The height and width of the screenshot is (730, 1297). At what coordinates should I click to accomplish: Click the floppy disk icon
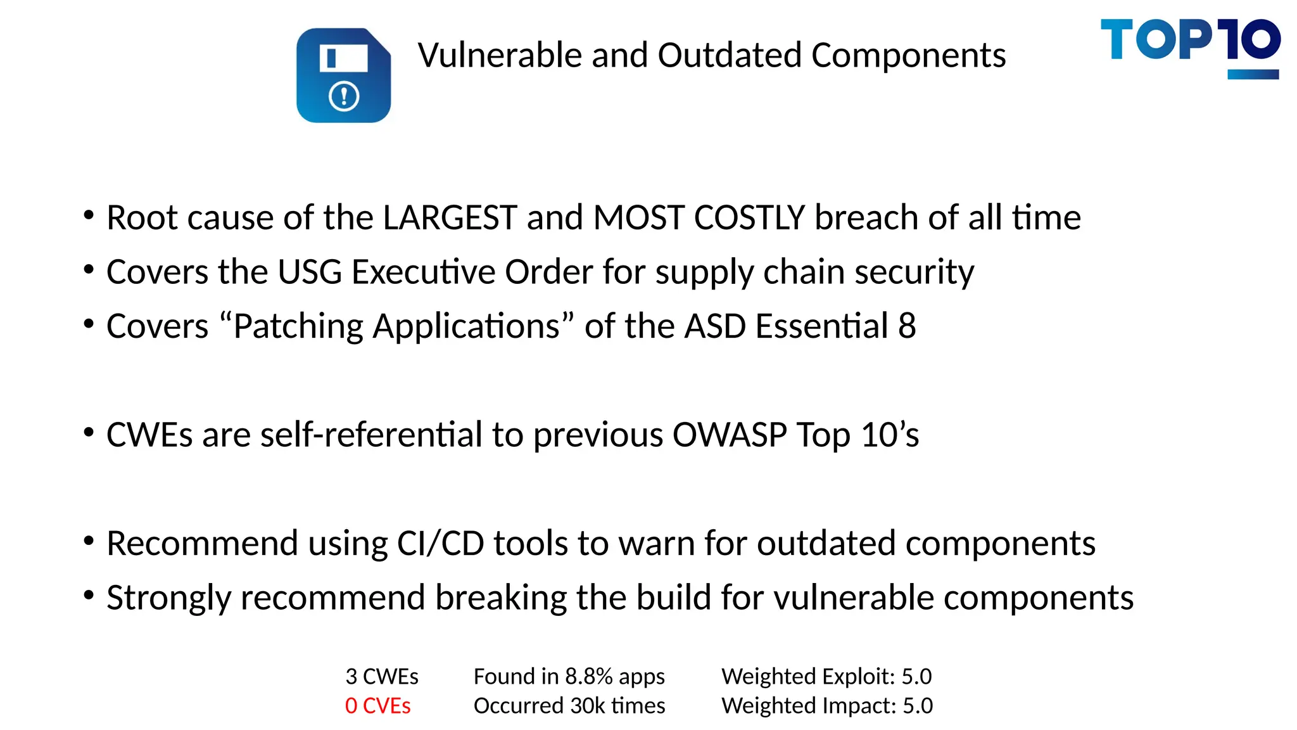[343, 75]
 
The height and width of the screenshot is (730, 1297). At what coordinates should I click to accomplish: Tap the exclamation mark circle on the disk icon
[344, 97]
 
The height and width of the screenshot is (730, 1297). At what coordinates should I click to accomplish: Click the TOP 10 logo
[1190, 47]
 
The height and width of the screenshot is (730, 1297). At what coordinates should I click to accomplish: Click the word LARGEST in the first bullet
[450, 218]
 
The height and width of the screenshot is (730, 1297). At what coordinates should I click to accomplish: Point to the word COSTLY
[750, 218]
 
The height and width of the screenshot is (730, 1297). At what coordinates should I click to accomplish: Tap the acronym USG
[310, 272]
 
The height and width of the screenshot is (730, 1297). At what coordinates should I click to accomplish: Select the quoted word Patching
[298, 327]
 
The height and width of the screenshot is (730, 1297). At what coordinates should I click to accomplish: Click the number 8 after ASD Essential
[907, 327]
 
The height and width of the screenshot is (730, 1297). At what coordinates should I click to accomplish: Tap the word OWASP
[730, 435]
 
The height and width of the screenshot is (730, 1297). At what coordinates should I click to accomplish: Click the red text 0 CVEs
[377, 706]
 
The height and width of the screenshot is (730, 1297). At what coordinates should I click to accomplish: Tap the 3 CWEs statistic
[382, 677]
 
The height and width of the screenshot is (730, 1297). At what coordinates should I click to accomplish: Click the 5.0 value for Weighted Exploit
[916, 677]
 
